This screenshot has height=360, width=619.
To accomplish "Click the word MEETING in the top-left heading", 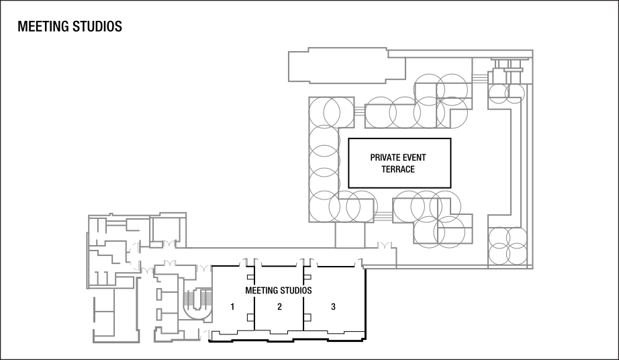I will pyautogui.click(x=42, y=28).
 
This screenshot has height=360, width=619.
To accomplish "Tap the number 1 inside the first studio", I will pyautogui.click(x=232, y=307).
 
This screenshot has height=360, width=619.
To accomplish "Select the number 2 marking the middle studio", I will pyautogui.click(x=279, y=307).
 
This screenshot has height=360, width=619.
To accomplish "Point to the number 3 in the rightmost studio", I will pyautogui.click(x=333, y=307).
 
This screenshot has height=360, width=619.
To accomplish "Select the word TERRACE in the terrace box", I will pyautogui.click(x=398, y=169).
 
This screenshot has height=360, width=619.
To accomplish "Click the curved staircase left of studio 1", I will pyautogui.click(x=197, y=303).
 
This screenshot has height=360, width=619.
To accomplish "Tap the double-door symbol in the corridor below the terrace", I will pyautogui.click(x=385, y=244).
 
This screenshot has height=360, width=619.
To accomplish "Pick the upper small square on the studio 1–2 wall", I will pyautogui.click(x=250, y=276).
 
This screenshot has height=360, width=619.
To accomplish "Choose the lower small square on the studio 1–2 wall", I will pyautogui.click(x=250, y=317).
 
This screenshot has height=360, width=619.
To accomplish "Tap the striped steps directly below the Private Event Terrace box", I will pyautogui.click(x=384, y=216).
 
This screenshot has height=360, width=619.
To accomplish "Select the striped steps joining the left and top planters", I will pyautogui.click(x=359, y=110).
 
